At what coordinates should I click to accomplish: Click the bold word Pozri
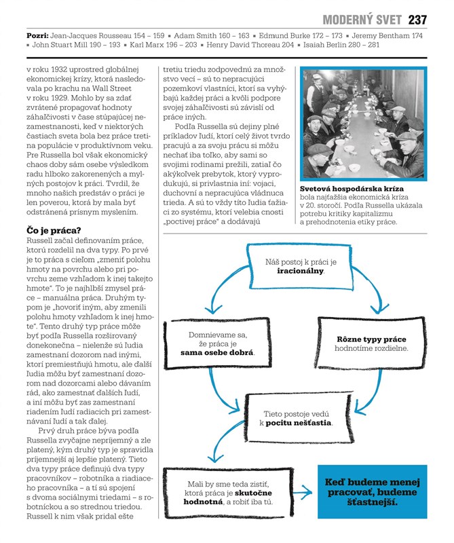(37, 34)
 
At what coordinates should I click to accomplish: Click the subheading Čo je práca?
(58, 231)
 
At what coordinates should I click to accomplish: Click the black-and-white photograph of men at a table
(364, 124)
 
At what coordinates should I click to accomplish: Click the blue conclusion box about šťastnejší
(373, 493)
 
